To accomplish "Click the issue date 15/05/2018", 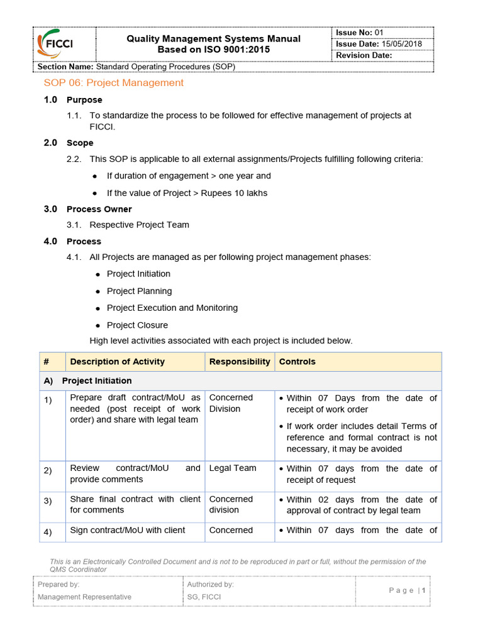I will (402, 44).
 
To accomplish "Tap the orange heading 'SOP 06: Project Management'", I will (113, 83).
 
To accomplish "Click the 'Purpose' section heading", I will (84, 100).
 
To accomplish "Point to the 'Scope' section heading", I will (80, 143).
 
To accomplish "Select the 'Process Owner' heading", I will (99, 209).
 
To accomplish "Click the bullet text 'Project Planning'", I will (139, 291).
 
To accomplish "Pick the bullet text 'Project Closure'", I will (137, 325).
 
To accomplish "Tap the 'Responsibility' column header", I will (240, 362).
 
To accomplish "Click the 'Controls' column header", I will (297, 362).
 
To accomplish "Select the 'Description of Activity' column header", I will (118, 362).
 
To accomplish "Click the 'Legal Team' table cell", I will (233, 468).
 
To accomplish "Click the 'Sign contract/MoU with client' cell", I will (128, 531).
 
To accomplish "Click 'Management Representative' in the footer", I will (84, 597).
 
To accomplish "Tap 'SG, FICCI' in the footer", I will (204, 597).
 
